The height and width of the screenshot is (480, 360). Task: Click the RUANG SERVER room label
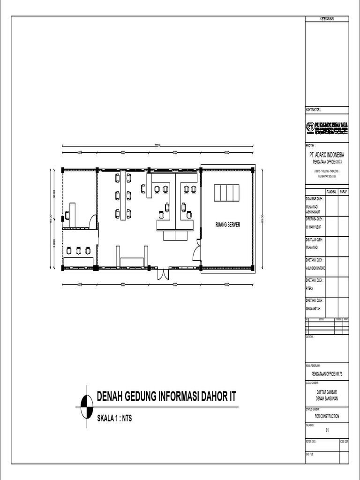point(228,225)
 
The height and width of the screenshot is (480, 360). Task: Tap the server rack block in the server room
point(227,193)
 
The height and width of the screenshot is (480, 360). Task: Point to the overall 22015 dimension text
point(158,146)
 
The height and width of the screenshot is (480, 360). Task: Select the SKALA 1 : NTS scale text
point(114,418)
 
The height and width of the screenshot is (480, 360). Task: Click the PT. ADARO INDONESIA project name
point(326,155)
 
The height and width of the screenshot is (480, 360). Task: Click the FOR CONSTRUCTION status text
point(327,416)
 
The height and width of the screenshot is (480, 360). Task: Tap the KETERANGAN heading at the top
point(327,19)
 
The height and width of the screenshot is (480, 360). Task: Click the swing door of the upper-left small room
point(93,222)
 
